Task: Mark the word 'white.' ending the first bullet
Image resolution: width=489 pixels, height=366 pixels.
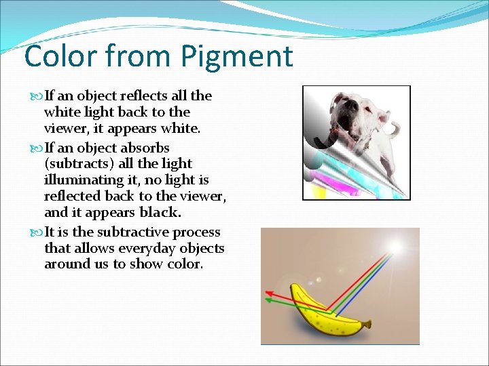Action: [181, 129]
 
